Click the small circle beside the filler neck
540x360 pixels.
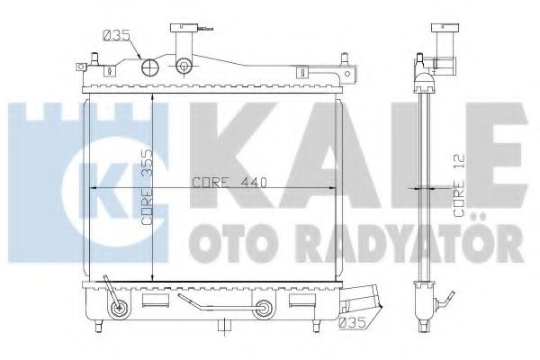[184, 66]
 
